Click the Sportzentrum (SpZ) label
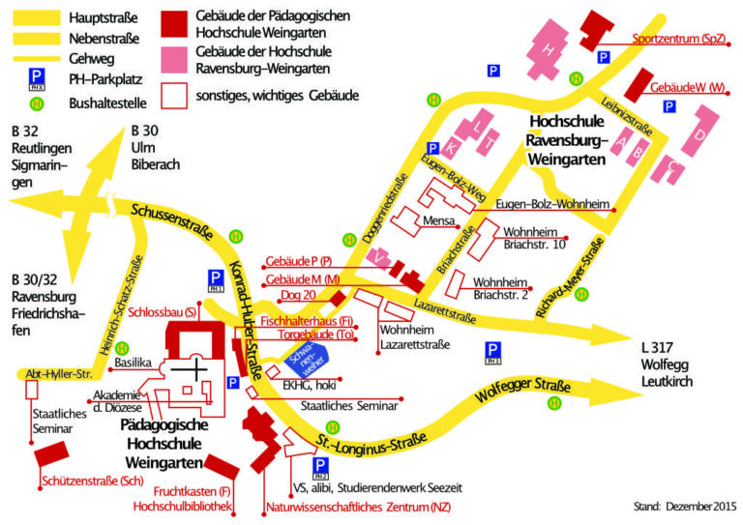coord(678,39)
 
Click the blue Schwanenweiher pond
coord(306,360)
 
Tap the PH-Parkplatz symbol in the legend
coord(37,76)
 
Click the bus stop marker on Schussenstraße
coord(236,235)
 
